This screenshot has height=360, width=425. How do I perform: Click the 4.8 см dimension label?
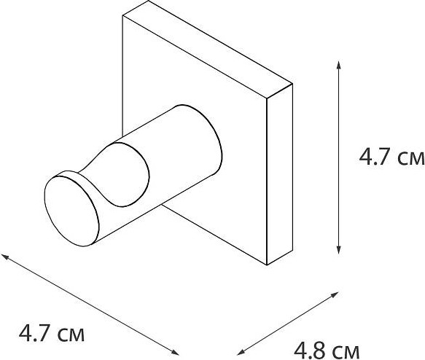[x=327, y=351]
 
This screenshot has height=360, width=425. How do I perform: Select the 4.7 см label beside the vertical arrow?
[x=391, y=157]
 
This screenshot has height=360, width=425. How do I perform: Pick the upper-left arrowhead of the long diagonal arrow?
[x=5, y=256]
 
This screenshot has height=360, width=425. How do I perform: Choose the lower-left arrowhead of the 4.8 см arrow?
[x=241, y=353]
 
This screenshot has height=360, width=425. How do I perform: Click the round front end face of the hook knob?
[x=71, y=211]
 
